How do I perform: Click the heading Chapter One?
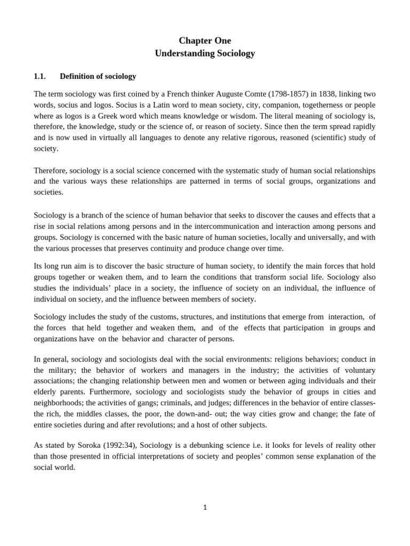204,41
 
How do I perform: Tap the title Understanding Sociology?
204,53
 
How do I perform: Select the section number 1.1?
41,76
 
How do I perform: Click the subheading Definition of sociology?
98,76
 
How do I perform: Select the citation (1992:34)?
118,445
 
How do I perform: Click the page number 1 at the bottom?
204,508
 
